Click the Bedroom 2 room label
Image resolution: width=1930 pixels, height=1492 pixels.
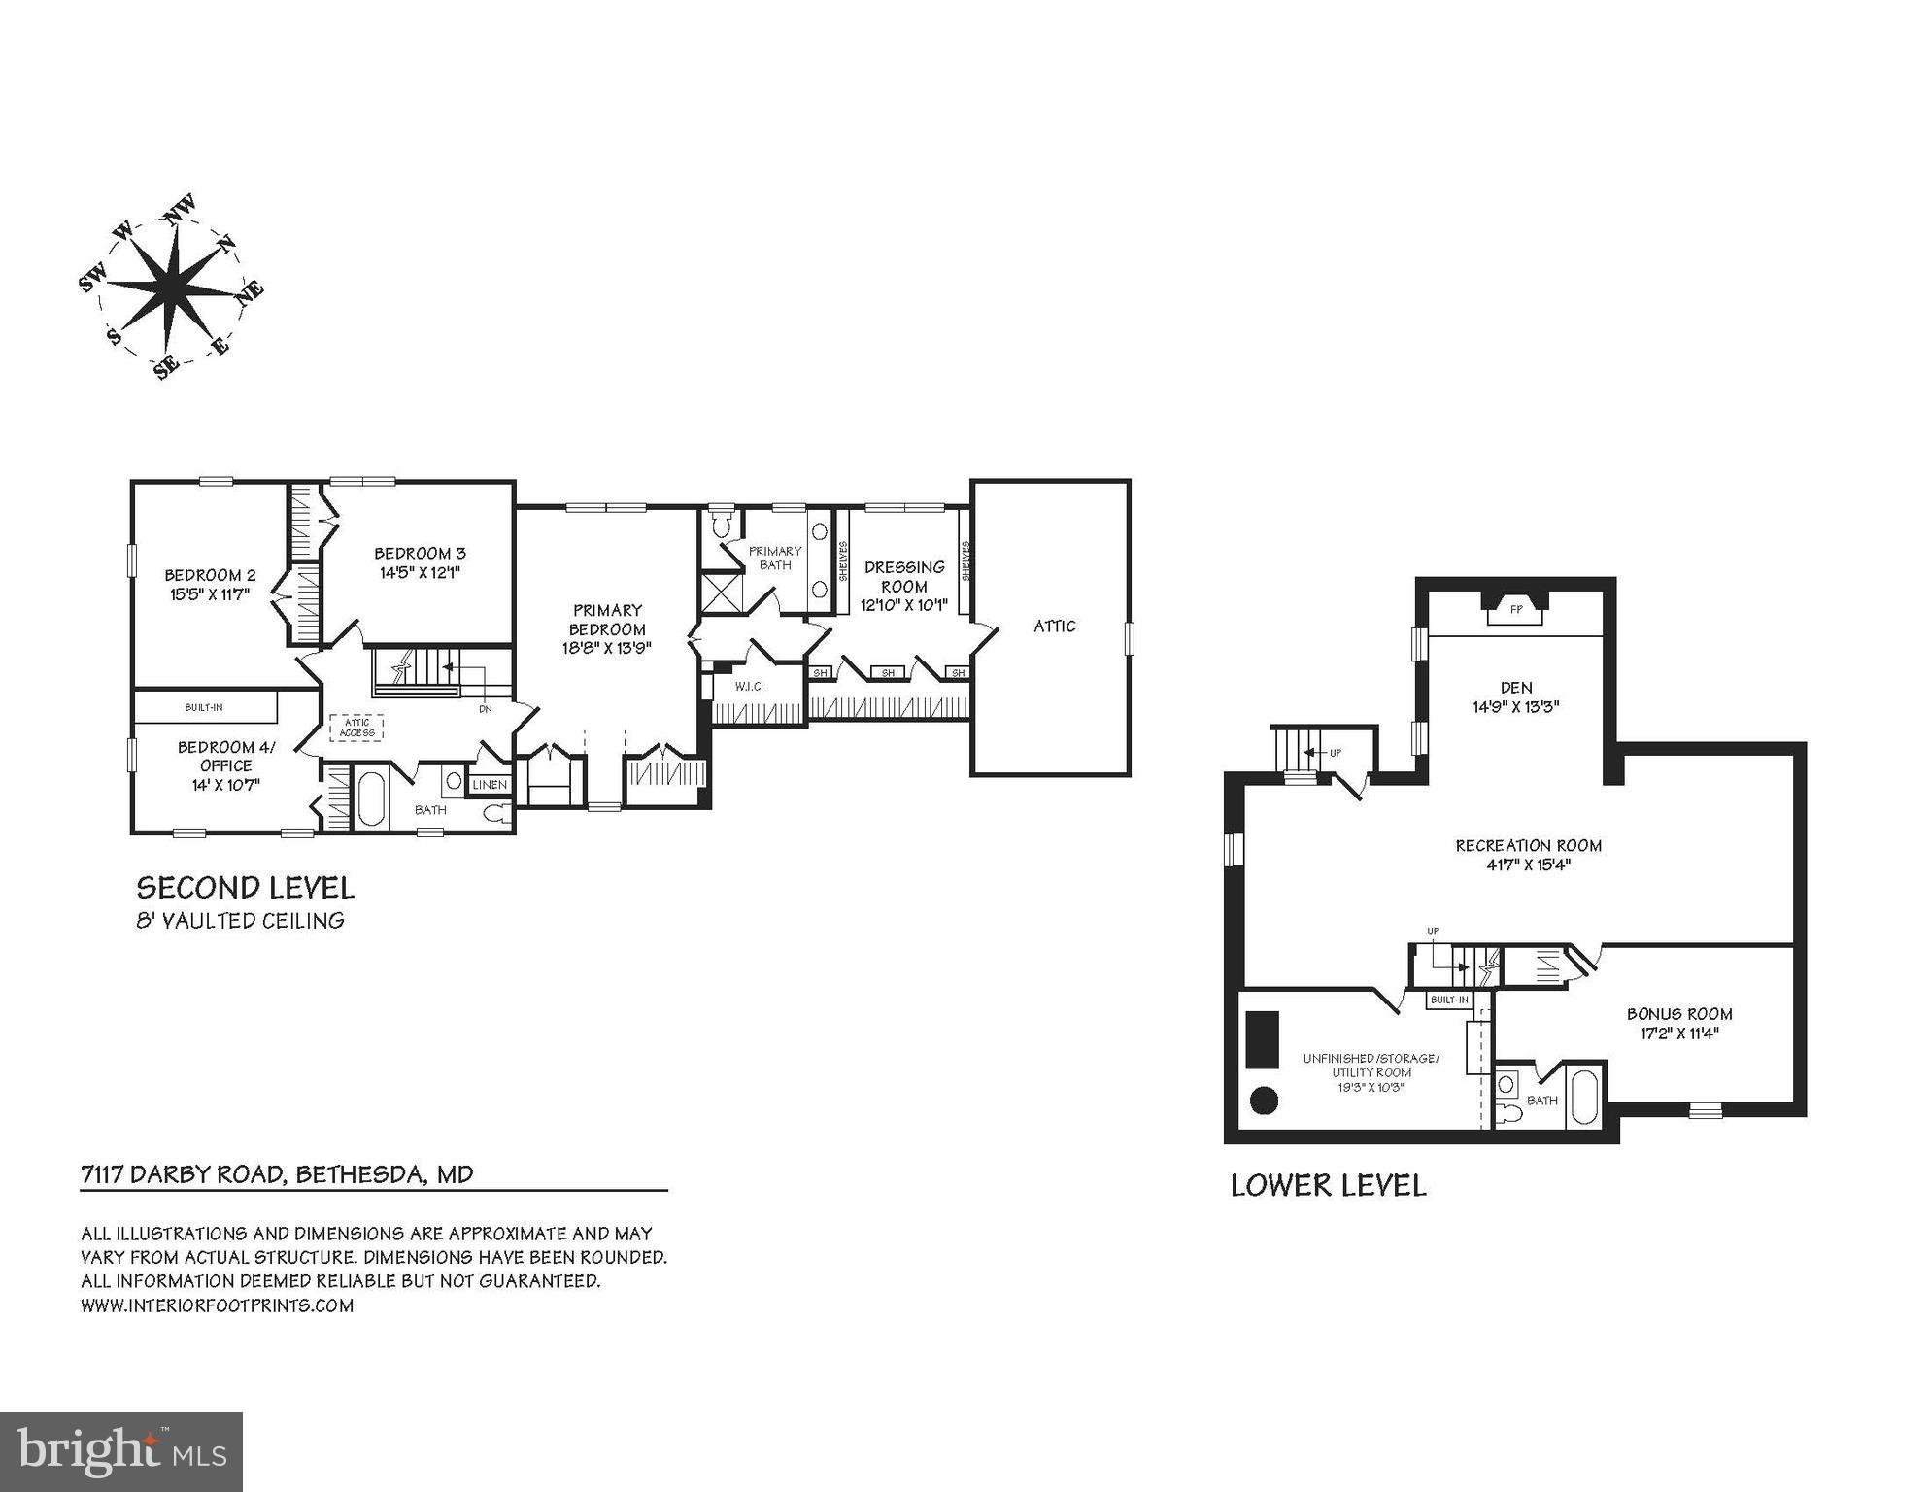pos(210,575)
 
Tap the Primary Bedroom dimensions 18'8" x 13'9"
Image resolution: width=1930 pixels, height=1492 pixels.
pos(607,648)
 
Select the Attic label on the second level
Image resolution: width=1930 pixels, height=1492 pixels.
pos(1054,627)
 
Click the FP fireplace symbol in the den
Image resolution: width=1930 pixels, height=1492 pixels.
pos(1515,610)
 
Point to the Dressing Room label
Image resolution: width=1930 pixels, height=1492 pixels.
pos(903,576)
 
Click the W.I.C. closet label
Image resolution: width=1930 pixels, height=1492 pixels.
pos(749,687)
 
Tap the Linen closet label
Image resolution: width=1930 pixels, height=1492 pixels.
pos(490,785)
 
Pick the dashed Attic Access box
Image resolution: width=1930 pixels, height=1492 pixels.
pos(357,728)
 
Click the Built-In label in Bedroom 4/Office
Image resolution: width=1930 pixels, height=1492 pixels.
pos(204,707)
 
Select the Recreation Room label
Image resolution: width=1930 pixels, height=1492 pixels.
pos(1528,846)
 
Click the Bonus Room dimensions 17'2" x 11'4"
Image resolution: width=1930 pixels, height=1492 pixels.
pos(1679,1034)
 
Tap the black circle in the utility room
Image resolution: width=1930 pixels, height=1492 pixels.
pos(1263,1101)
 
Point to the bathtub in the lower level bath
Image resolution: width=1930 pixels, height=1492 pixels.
pos(1583,1099)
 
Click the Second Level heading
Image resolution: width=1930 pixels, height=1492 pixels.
pos(245,888)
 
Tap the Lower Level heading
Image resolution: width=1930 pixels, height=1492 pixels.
pos(1328,1186)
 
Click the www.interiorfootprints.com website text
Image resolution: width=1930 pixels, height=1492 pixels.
pos(217,1305)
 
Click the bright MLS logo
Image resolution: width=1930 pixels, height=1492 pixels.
pos(121,1452)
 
